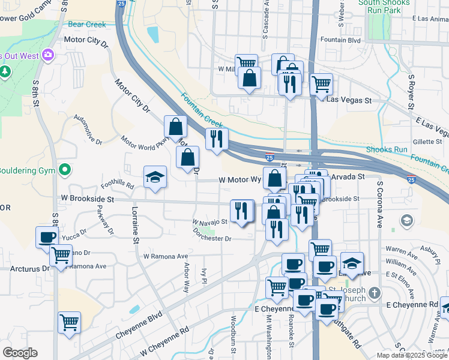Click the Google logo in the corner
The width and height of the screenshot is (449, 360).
tap(20, 353)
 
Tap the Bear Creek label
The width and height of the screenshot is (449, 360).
tap(87, 25)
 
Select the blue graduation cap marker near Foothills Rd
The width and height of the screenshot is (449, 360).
tap(155, 178)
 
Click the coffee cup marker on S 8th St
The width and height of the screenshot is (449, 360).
tap(47, 237)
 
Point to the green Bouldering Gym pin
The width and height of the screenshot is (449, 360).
tap(65, 170)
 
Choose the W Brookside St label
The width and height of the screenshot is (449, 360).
tap(87, 197)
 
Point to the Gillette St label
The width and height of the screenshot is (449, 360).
tap(427, 142)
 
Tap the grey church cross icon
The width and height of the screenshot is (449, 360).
tap(375, 293)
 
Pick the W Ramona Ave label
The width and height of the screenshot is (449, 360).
tap(166, 256)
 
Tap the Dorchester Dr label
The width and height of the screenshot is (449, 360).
tap(211, 238)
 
